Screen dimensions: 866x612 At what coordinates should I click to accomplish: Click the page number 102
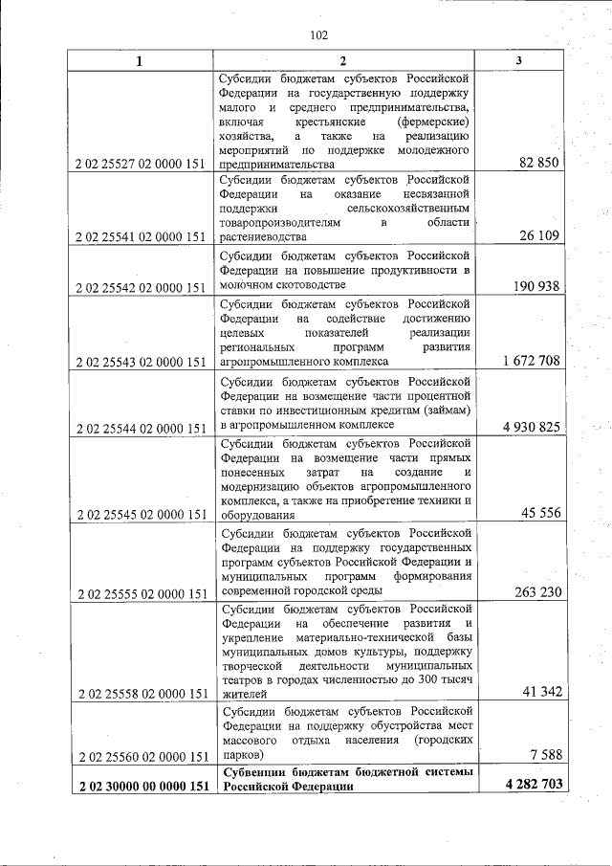(x=319, y=35)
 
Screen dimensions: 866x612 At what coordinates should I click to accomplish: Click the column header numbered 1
(x=140, y=61)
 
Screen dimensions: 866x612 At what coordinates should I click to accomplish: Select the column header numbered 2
(x=344, y=61)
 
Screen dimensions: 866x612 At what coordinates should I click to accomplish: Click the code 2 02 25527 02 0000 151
(x=140, y=164)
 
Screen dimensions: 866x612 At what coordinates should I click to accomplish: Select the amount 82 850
(x=539, y=163)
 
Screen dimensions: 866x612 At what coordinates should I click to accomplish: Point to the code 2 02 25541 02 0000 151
(x=140, y=236)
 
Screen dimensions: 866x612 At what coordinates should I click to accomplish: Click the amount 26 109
(x=539, y=235)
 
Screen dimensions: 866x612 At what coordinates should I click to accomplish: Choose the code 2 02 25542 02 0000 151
(x=140, y=287)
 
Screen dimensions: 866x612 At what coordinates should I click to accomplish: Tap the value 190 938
(x=535, y=286)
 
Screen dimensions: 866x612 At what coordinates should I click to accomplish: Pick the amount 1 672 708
(x=530, y=361)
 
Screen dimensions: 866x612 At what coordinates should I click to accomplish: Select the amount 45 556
(x=539, y=513)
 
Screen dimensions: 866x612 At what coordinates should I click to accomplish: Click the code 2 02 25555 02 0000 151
(x=140, y=592)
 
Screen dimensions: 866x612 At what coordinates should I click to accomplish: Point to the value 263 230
(x=535, y=591)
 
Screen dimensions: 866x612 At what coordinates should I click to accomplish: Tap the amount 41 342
(x=539, y=691)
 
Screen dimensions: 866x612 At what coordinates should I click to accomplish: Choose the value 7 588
(x=543, y=756)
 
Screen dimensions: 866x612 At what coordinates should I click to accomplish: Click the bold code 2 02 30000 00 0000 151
(x=140, y=786)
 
